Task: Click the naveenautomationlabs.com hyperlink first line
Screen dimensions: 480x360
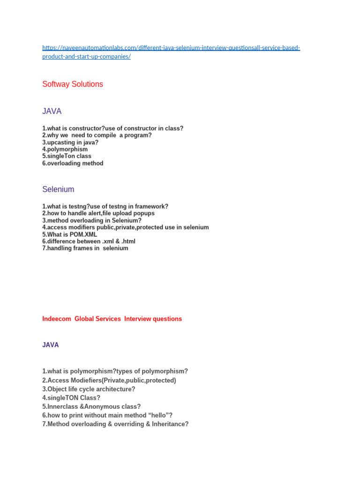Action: pyautogui.click(x=171, y=48)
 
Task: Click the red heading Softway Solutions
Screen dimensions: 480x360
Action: pyautogui.click(x=73, y=84)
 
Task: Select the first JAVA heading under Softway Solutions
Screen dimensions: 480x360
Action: pyautogui.click(x=52, y=112)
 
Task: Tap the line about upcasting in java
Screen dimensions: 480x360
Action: pyautogui.click(x=70, y=142)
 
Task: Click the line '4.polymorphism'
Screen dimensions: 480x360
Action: pyautogui.click(x=65, y=150)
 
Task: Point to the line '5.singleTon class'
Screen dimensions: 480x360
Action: pyautogui.click(x=67, y=156)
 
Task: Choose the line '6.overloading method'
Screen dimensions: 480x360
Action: pyautogui.click(x=73, y=164)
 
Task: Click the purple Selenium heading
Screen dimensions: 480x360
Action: pyautogui.click(x=58, y=189)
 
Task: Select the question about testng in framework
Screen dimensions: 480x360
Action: pyautogui.click(x=105, y=206)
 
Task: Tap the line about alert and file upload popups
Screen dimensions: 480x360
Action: pyautogui.click(x=98, y=213)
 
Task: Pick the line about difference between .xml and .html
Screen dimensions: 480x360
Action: pyautogui.click(x=89, y=241)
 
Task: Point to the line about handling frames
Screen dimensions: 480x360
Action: pyautogui.click(x=85, y=248)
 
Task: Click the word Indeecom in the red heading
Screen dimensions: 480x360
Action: pyautogui.click(x=57, y=319)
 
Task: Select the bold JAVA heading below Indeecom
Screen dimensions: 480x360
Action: pyautogui.click(x=51, y=345)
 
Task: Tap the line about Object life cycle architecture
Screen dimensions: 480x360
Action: pyautogui.click(x=89, y=389)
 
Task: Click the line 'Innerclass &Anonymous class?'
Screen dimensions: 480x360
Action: pyautogui.click(x=91, y=406)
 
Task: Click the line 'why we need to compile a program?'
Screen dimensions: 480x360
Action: pyautogui.click(x=97, y=135)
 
